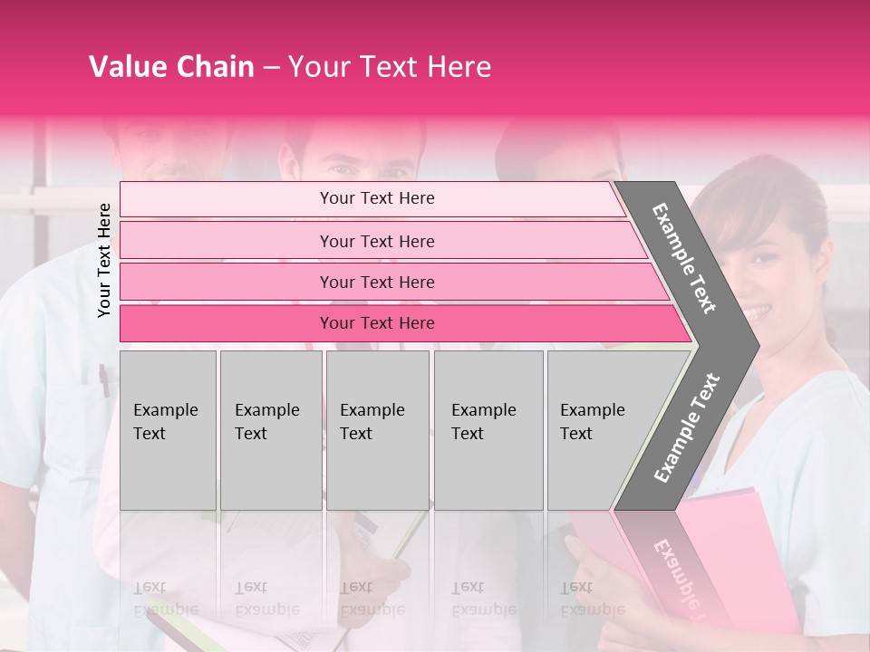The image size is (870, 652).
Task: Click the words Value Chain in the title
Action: coord(171,67)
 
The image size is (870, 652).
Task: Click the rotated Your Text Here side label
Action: coord(104,260)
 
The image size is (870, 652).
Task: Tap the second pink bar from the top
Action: coord(377,241)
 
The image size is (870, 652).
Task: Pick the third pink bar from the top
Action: coord(377,282)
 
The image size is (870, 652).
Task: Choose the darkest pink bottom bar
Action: coord(377,323)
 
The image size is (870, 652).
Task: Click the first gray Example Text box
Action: coord(168,429)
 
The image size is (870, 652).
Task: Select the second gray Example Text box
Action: coord(271,429)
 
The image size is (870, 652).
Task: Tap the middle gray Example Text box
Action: coord(377,429)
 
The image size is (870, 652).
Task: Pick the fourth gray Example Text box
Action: coord(488,429)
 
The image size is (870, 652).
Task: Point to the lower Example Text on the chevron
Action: coord(687,428)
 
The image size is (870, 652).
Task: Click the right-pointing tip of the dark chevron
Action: coord(754,345)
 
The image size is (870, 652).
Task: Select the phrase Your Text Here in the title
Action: coord(390,67)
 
